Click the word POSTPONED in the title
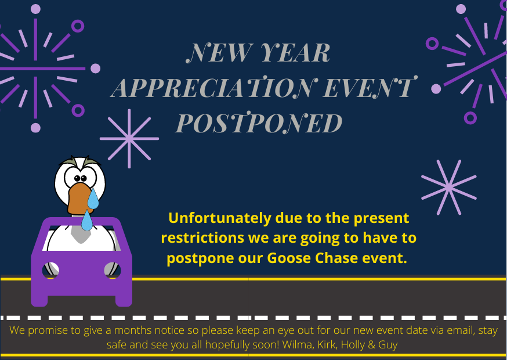[259, 123]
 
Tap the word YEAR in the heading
[295, 52]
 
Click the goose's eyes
[80, 178]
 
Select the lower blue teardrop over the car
[86, 221]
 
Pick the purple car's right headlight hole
[113, 270]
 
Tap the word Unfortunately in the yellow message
[219, 218]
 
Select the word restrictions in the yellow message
[202, 238]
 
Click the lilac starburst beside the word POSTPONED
[129, 139]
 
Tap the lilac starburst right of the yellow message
[449, 187]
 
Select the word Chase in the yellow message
[336, 258]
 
